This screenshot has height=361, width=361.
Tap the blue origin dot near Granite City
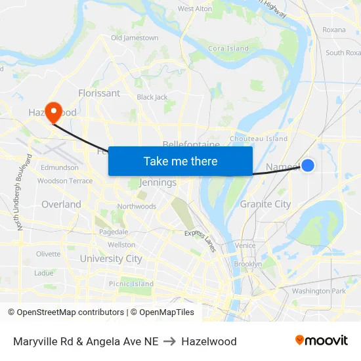click(307, 166)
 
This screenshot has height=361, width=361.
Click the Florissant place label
click(99, 93)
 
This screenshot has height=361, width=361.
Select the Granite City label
click(265, 204)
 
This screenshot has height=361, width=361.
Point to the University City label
click(111, 259)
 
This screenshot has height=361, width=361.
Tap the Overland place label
click(61, 204)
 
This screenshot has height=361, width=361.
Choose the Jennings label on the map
click(158, 182)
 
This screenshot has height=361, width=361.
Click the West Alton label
click(195, 9)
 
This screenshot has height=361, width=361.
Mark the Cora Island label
click(228, 49)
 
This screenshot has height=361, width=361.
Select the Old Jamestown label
click(135, 38)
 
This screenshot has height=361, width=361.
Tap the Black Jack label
click(152, 97)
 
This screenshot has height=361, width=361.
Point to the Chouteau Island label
click(259, 139)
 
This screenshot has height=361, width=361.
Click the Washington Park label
click(319, 291)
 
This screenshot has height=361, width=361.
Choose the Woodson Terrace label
click(65, 180)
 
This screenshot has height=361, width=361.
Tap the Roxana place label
click(333, 30)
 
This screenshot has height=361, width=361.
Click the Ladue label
click(44, 273)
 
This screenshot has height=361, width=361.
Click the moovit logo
click(322, 341)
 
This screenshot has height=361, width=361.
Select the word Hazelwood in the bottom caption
click(209, 341)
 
